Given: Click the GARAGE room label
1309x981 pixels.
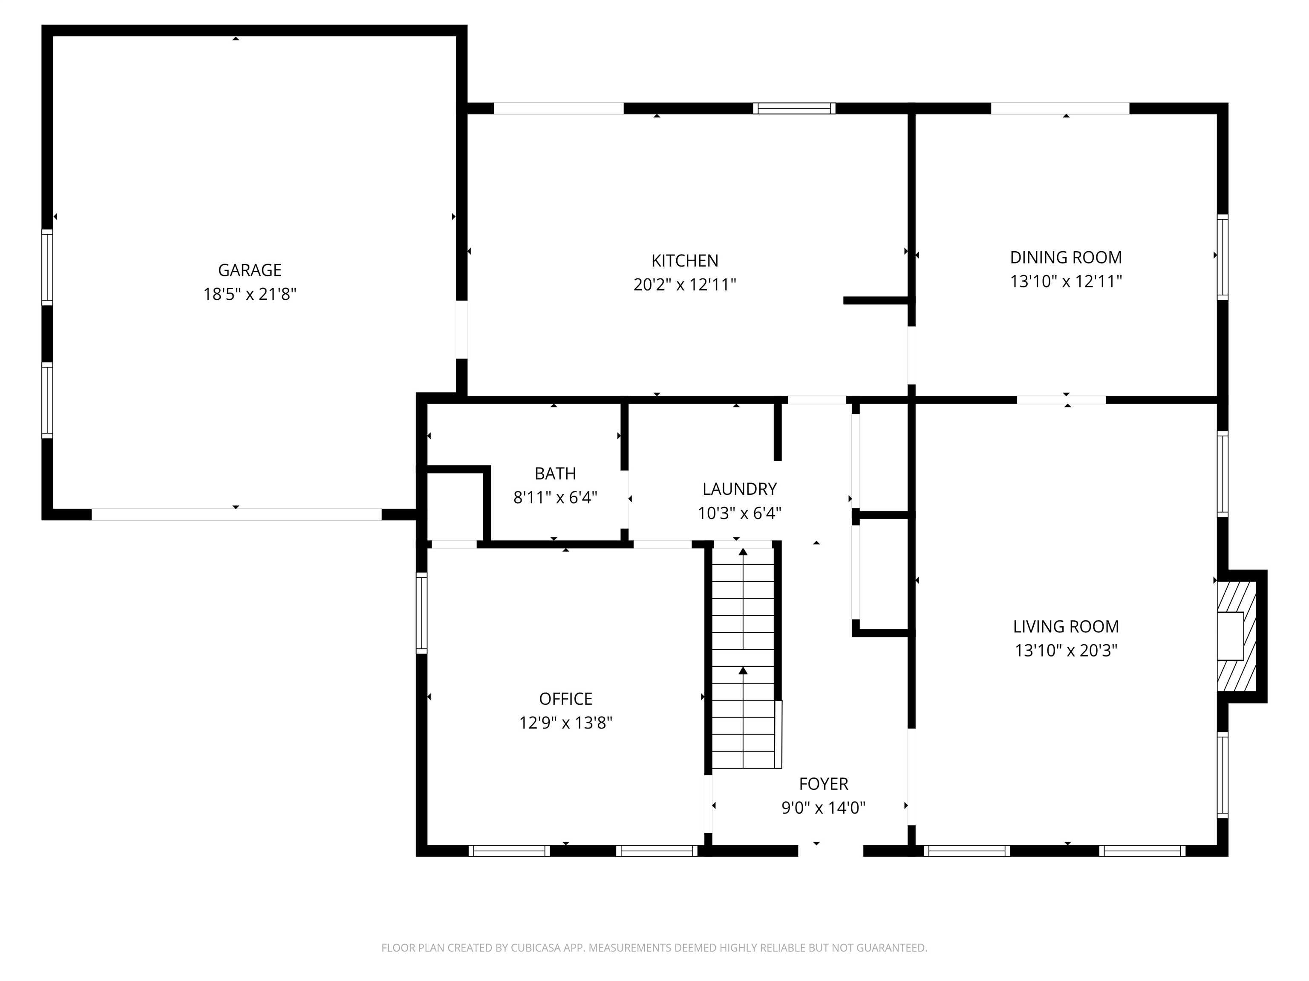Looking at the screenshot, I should (249, 270).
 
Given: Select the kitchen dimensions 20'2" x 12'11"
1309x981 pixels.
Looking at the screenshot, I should (685, 285).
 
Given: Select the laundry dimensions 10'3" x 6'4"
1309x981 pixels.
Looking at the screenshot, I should (739, 513).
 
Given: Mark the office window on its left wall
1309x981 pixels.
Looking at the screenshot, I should (421, 613).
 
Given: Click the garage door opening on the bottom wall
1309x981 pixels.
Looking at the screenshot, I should (236, 514).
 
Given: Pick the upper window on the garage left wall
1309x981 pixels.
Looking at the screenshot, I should (47, 267).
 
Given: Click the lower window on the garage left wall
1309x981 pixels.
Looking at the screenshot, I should (47, 400).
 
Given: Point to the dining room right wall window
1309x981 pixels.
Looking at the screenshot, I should (1222, 257).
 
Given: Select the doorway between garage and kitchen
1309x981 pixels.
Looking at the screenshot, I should (461, 330).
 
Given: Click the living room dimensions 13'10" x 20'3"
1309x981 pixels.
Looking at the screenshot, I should (1065, 651).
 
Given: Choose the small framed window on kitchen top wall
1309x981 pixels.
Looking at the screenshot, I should (793, 108).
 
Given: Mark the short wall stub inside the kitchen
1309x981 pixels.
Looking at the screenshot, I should (875, 301).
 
